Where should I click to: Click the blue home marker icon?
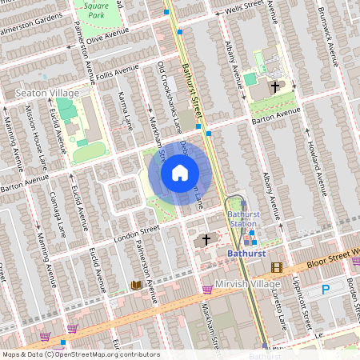pos(179,173)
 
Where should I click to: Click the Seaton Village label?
pos(48,94)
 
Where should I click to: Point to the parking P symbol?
pos(326,290)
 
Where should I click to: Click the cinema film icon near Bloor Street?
pos(277,268)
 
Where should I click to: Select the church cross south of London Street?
pos(206,239)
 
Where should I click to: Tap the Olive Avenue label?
pos(108,36)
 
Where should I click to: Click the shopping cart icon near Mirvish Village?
pos(207,289)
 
